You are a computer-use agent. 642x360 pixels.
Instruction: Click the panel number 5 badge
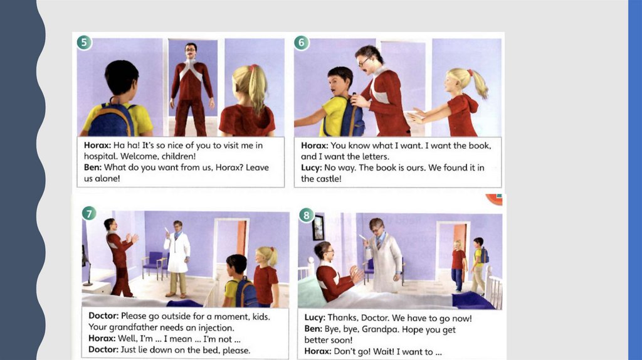[84, 42]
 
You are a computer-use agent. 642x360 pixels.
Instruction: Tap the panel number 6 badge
[302, 42]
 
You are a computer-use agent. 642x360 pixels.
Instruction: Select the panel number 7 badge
[89, 213]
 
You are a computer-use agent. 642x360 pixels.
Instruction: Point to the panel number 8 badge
[306, 215]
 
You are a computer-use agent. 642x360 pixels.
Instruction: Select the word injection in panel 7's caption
[216, 327]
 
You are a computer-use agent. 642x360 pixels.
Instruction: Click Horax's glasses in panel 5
[191, 50]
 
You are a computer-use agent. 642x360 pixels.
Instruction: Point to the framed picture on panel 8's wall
[318, 228]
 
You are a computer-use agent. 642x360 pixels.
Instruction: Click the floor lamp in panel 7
[86, 266]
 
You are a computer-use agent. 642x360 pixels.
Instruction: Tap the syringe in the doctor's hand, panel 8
[362, 239]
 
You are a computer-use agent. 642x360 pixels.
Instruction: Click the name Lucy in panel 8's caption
[315, 318]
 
